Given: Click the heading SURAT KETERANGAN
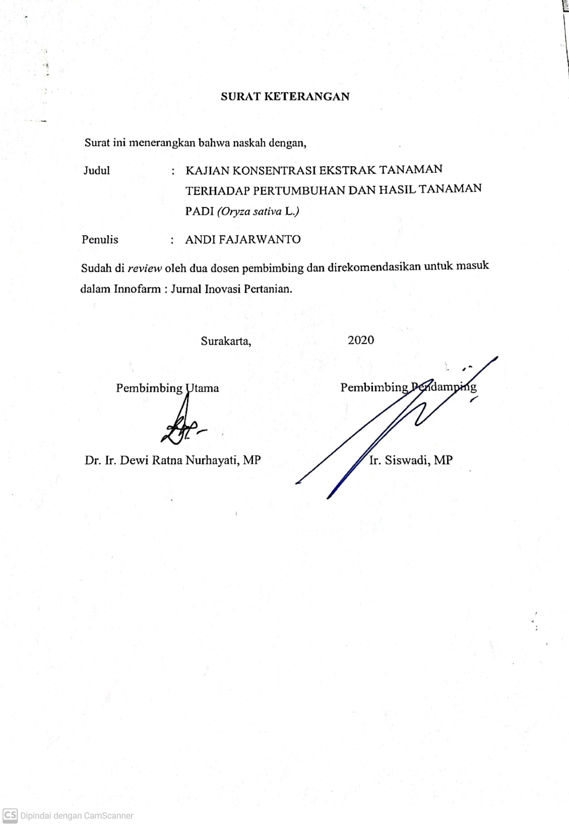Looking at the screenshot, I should pyautogui.click(x=285, y=97).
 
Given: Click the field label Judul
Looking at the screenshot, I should pyautogui.click(x=97, y=171).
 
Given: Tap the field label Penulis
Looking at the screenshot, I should pyautogui.click(x=100, y=239).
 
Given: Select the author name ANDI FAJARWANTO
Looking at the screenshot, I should pyautogui.click(x=243, y=239).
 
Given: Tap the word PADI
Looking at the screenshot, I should pyautogui.click(x=199, y=211).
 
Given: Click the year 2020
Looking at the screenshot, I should pyautogui.click(x=361, y=340).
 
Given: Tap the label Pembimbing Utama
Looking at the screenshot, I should pyautogui.click(x=167, y=388).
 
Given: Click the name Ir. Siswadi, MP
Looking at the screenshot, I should pyautogui.click(x=411, y=460).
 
